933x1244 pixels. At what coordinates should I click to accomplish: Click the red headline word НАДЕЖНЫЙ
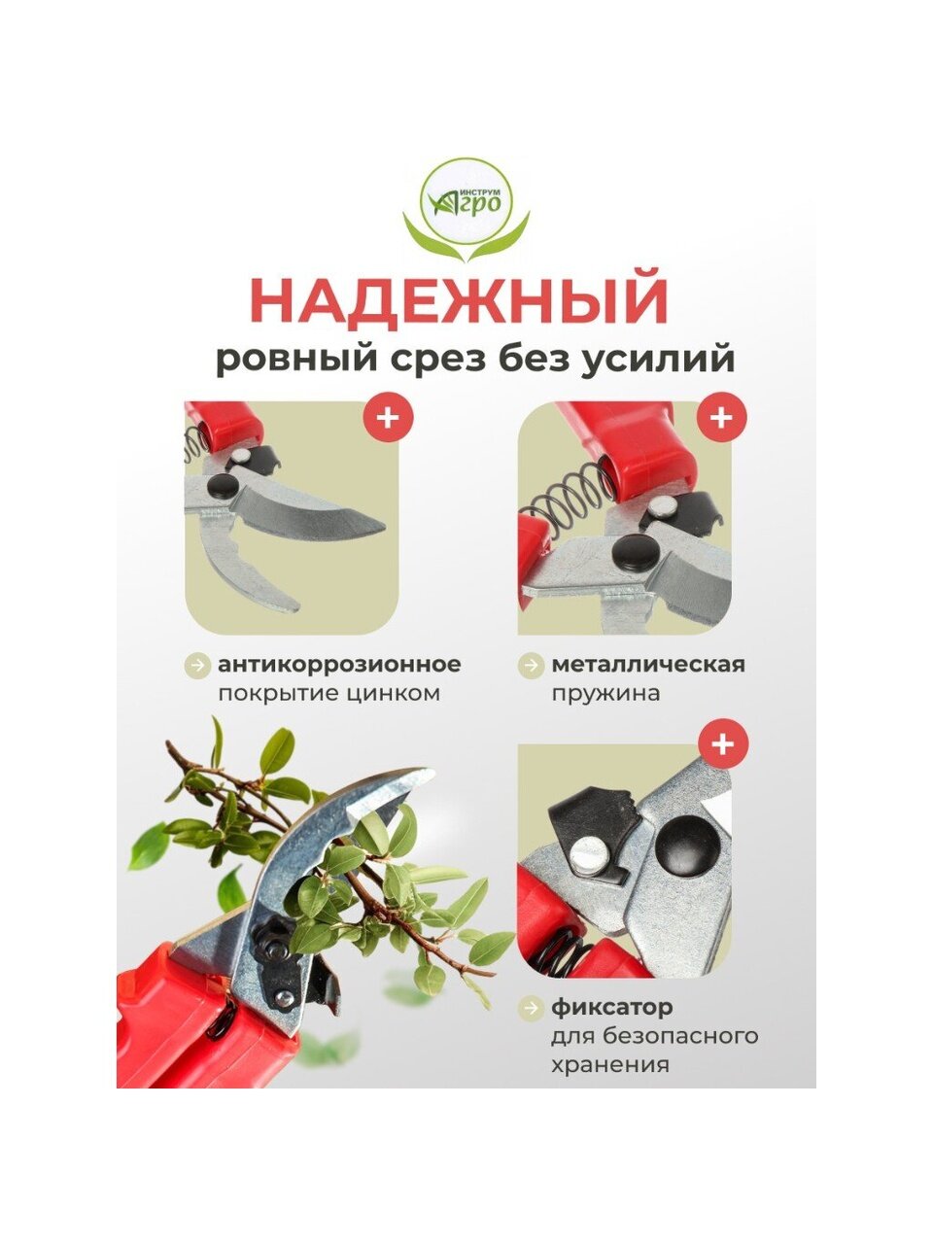[459, 299]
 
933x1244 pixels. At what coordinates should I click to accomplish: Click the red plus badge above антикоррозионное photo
[388, 418]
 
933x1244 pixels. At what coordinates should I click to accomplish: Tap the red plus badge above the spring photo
[721, 418]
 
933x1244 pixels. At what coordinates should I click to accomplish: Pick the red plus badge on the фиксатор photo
[722, 744]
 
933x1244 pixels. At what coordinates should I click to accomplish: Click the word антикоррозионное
[339, 664]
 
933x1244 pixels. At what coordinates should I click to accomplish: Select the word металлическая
[648, 664]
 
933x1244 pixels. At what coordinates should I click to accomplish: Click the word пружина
[606, 694]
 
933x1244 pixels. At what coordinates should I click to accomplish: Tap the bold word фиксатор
[612, 1007]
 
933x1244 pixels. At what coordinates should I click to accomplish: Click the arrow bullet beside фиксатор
[531, 1008]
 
